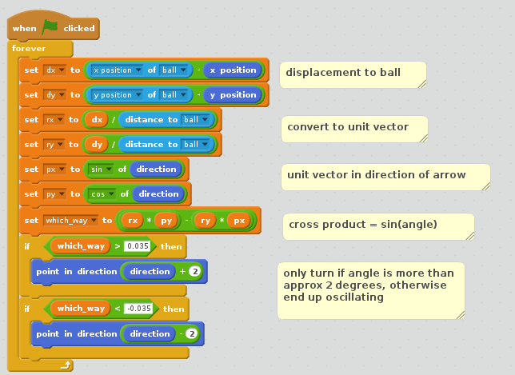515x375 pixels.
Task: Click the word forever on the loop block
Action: (x=30, y=48)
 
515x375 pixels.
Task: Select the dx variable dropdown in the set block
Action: (x=55, y=70)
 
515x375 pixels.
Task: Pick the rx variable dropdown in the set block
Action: (x=54, y=120)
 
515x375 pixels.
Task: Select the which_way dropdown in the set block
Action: (x=70, y=220)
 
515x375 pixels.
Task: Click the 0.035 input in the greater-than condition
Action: (x=138, y=245)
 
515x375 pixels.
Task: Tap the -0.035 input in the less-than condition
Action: (x=140, y=309)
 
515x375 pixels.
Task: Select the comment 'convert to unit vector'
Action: (x=348, y=127)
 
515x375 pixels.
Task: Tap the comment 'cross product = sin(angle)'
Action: (x=362, y=225)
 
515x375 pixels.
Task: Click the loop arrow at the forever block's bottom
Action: (x=66, y=365)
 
